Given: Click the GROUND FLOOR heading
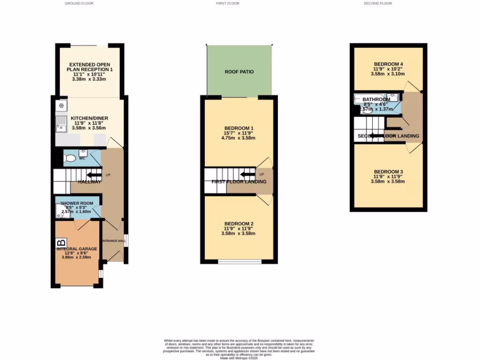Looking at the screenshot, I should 79,3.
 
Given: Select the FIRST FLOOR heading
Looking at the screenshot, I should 227,3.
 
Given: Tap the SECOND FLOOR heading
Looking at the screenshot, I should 378,3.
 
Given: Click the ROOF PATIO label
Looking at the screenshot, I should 239,72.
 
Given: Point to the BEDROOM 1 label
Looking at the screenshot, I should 239,128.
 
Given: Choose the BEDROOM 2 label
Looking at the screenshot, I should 239,223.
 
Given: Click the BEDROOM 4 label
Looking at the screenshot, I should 389,64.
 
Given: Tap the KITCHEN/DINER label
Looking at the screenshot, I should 89,118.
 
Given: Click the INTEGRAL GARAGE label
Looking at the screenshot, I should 78,249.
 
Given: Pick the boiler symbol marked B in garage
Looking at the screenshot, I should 61,243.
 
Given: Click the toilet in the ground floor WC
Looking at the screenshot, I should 70,158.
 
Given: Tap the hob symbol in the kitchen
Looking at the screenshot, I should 61,105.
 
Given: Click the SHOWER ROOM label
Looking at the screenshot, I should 80,203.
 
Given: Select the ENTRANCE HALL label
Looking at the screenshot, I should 114,241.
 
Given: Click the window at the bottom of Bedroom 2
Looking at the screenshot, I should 240,262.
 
